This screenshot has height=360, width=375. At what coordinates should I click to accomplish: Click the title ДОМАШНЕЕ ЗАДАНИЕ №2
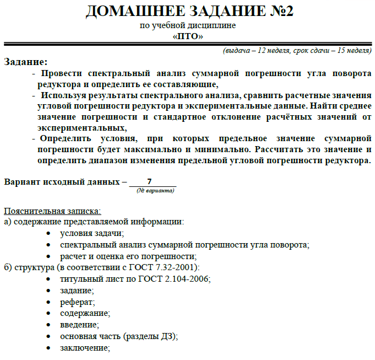(x=187, y=11)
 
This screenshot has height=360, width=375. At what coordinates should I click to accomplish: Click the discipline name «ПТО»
(x=188, y=36)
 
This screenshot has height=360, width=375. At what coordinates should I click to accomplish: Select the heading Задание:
(x=26, y=62)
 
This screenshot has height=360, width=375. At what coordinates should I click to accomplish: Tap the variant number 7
(x=150, y=181)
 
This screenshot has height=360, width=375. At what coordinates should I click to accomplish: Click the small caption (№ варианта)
(x=155, y=191)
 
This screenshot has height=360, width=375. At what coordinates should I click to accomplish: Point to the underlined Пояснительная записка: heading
(x=52, y=211)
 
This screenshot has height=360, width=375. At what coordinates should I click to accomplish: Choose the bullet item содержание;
(x=85, y=313)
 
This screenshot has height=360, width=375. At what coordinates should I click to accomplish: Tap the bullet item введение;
(x=79, y=325)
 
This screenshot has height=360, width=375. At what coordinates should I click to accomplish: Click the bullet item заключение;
(x=85, y=348)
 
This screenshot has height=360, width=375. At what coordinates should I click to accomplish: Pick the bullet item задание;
(x=77, y=290)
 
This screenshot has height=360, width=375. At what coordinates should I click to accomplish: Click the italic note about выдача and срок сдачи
(x=296, y=51)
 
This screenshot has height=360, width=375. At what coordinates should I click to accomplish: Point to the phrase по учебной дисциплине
(x=188, y=26)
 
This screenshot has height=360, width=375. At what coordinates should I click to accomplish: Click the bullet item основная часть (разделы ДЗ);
(x=119, y=336)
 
